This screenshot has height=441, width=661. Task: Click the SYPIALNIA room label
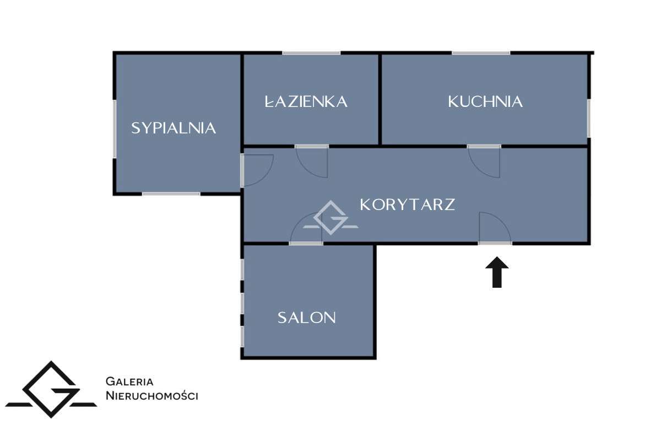point(174,128)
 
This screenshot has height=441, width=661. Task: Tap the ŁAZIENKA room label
point(306,101)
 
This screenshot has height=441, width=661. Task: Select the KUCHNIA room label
point(485,101)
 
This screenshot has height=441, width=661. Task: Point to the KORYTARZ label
point(408,205)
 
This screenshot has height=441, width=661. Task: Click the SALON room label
point(307,318)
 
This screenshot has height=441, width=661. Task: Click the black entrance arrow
point(497,272)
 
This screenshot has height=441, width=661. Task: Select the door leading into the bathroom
point(312,147)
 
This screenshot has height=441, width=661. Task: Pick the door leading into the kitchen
point(484,147)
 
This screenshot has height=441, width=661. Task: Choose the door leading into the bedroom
point(243,170)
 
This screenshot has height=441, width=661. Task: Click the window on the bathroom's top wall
point(312,53)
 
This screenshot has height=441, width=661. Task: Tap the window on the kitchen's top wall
point(481,53)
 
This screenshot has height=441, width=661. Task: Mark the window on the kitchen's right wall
point(589,118)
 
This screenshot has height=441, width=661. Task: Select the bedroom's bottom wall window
point(171,193)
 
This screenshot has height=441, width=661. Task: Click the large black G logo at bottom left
point(51,390)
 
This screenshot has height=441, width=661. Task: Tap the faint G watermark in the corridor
point(331,218)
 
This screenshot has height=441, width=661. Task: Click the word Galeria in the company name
point(129,381)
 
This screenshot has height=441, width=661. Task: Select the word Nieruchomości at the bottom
point(151,396)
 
